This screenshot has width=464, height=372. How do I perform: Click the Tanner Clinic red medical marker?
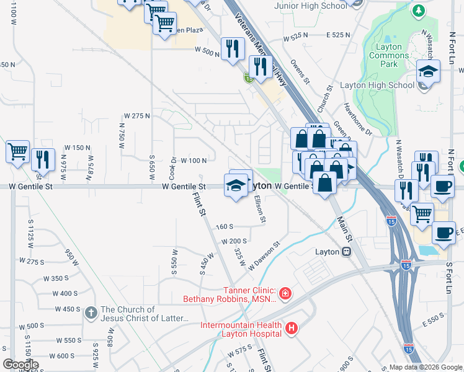pos(285,293)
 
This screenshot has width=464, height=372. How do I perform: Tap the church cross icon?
pos(91,312)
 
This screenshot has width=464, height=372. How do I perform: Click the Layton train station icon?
pos(347,252)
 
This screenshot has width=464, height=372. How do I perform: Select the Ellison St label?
pos(260,210)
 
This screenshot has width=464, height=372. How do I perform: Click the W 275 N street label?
pos(138,116)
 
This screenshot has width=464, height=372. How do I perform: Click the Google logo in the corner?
pos(20,364)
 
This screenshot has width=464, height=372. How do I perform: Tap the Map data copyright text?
pos(425,367)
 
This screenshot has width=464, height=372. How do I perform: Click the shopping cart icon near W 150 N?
pos(17,152)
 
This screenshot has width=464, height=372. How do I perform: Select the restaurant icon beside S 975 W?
pos(42,159)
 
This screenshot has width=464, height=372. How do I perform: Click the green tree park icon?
pos(419,11)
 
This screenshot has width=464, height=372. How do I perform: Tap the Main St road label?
pos(344,229)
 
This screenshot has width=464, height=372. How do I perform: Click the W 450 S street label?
pos(68,309)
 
